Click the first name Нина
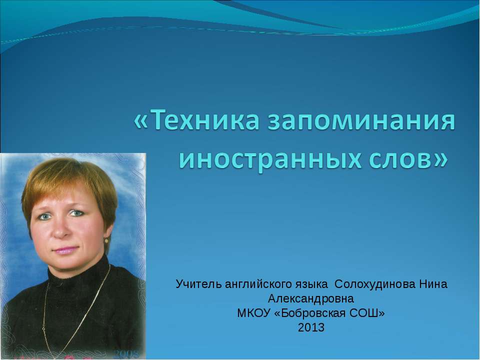[437, 284]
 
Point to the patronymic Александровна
[311, 299]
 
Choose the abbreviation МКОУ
[254, 313]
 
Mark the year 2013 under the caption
[311, 328]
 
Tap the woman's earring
[106, 241]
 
